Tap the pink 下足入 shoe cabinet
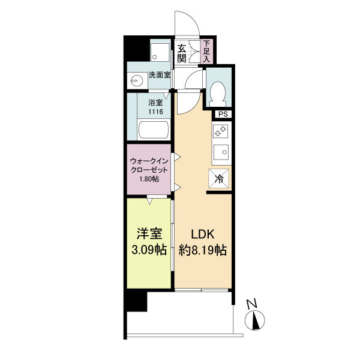click(207, 52)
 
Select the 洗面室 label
click(160, 75)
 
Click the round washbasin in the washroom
click(136, 80)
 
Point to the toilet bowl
click(217, 94)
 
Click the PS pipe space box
click(223, 115)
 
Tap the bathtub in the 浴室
click(154, 130)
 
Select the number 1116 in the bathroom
click(155, 112)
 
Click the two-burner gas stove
click(220, 131)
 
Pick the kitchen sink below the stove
click(221, 152)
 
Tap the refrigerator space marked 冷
click(219, 179)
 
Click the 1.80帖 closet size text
click(149, 179)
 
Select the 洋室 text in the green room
click(149, 234)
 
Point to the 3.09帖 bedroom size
click(149, 250)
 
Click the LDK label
click(203, 235)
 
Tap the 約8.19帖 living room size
click(203, 250)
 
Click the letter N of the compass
click(252, 304)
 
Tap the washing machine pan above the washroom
click(160, 52)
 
